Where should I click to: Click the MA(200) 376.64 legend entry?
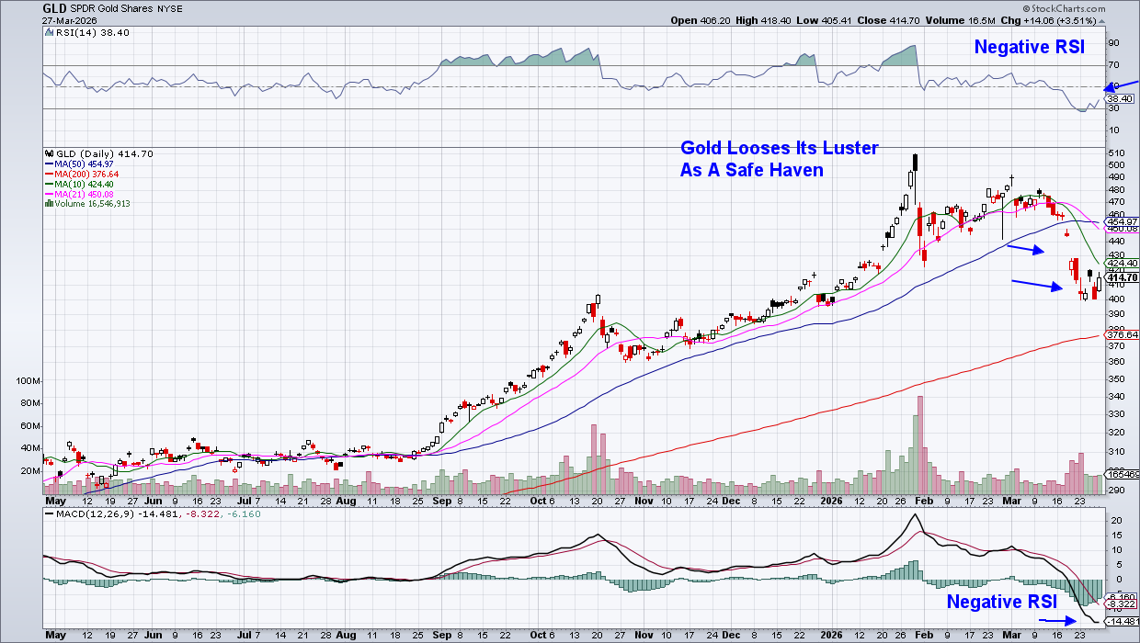[87, 174]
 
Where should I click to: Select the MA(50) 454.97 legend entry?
[85, 164]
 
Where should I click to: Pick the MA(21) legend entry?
[85, 194]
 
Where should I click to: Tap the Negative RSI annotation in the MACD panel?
[1009, 602]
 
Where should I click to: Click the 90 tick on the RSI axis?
[1112, 42]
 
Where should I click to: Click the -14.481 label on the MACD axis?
[1121, 620]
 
